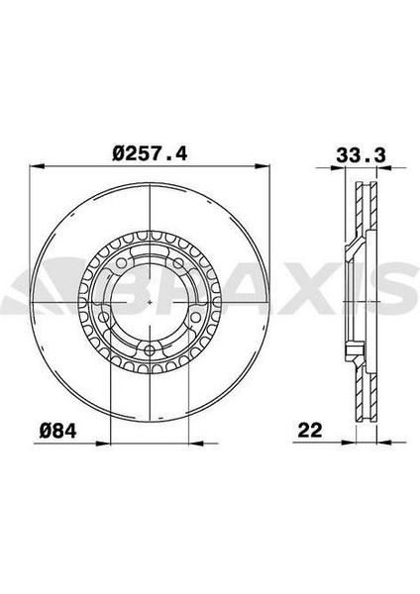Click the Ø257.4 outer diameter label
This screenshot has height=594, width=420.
(x=150, y=154)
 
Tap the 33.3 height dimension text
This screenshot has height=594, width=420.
(x=362, y=155)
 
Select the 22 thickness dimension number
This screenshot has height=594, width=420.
(x=310, y=430)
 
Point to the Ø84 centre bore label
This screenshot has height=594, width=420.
(x=58, y=431)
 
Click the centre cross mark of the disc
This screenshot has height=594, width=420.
(x=151, y=302)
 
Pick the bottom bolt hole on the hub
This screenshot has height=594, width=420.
(x=151, y=349)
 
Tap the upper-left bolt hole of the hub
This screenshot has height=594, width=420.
(x=121, y=262)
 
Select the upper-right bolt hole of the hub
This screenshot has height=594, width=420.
(x=178, y=262)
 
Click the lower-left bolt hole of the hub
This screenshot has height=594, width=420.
(x=103, y=317)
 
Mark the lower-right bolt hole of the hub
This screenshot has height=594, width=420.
(x=197, y=317)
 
